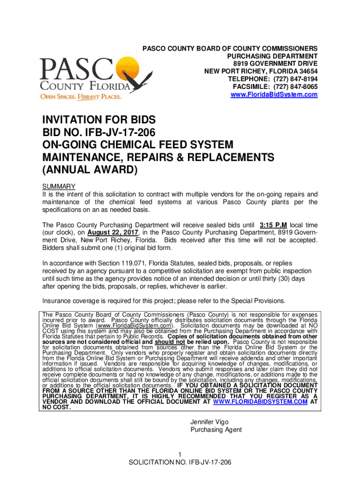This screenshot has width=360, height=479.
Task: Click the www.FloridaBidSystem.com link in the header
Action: (274, 94)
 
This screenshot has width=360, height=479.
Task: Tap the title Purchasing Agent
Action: (216, 430)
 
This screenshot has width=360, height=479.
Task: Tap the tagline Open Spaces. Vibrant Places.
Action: (81, 97)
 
